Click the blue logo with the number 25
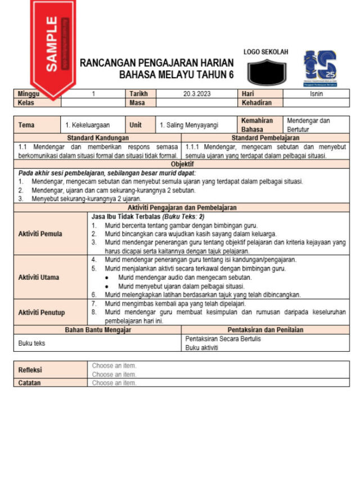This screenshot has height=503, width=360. tap(320, 68)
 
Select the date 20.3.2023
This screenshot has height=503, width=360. tap(195, 94)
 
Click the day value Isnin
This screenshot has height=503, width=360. tap(316, 94)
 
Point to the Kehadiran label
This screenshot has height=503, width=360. tap(256, 103)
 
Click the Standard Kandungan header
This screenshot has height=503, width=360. tap(98, 138)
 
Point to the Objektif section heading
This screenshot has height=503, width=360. tap(182, 164)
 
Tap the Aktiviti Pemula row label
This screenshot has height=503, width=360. tap(40, 233)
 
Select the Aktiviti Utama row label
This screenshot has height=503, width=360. tap(39, 277)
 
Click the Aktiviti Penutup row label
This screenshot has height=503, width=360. tap(42, 312)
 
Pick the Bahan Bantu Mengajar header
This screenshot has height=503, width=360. tap(98, 330)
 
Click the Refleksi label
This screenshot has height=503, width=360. tap(31, 370)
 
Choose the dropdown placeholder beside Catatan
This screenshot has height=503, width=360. tap(114, 383)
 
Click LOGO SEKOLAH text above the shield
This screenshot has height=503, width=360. tap(266, 52)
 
